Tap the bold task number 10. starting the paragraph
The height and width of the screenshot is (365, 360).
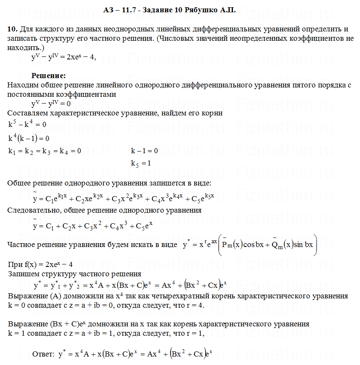pyautogui.click(x=12, y=29)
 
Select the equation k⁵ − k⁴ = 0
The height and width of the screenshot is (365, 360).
pyautogui.click(x=27, y=124)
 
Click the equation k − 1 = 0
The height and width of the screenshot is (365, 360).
pyautogui.click(x=144, y=151)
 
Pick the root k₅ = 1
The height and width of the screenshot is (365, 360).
pyautogui.click(x=141, y=163)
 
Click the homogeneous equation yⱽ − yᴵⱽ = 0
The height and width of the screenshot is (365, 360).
pyautogui.click(x=51, y=104)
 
